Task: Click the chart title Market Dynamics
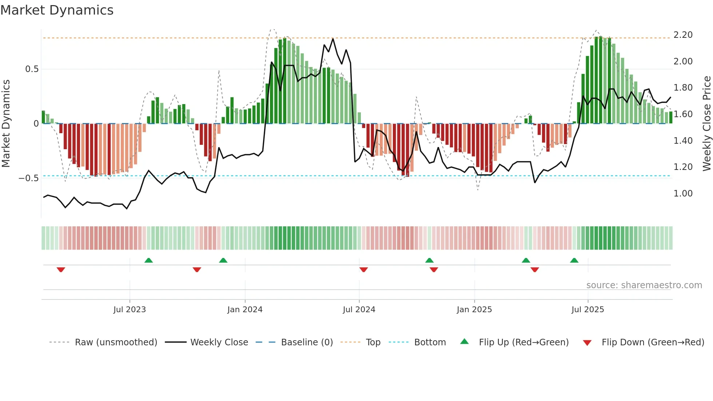coord(57,10)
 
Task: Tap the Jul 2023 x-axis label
coord(130,310)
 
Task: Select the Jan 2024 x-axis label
coord(245,310)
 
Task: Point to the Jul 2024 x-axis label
coord(359,310)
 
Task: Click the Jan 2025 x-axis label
coord(474,310)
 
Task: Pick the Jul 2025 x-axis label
coord(588,310)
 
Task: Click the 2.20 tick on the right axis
coord(683,35)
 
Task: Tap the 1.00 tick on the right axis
coord(683,194)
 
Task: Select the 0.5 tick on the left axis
coord(32,69)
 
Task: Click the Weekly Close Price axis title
coord(706,123)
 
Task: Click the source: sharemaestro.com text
coord(644,285)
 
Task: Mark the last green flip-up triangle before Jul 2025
coord(574,261)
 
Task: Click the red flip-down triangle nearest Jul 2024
coord(363,270)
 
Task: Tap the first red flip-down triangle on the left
coord(61,270)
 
